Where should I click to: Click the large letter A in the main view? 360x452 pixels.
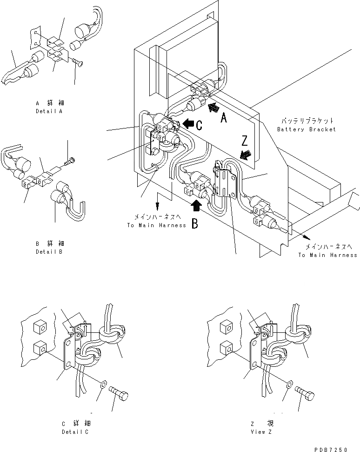223,119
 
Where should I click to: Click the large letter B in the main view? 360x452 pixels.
195,224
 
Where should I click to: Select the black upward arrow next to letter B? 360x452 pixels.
197,205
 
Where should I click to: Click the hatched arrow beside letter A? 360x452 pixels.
213,108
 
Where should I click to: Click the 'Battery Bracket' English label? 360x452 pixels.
306,129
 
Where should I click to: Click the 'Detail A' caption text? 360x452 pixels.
49,112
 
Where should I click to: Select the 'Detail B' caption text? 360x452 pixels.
49,252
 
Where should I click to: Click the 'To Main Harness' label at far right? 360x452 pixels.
327,255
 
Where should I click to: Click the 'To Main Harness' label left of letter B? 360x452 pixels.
156,225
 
